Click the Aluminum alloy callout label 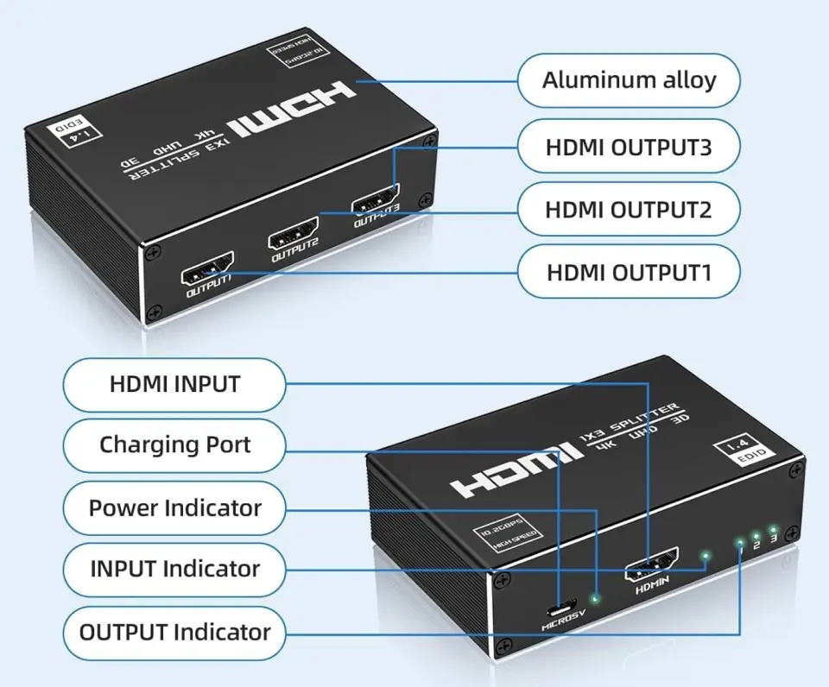629,81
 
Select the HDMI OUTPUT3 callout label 629,147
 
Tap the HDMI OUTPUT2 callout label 629,209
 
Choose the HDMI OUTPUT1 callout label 629,273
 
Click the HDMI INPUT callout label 174,384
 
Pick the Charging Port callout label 174,445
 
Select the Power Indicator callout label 174,507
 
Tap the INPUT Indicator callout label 174,570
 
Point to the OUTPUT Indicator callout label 174,632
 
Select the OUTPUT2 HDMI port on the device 294,236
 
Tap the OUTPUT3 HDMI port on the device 376,205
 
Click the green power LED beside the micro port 595,596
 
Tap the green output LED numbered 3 774,528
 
